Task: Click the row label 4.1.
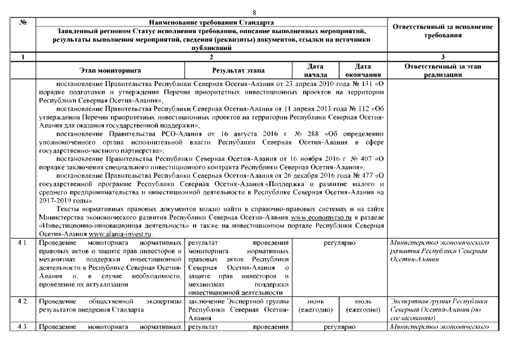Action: pyautogui.click(x=22, y=243)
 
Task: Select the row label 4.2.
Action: pyautogui.click(x=22, y=302)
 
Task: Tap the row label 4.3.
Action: pyautogui.click(x=22, y=327)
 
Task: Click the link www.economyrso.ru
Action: pyautogui.click(x=319, y=217)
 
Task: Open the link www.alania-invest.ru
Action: pyautogui.click(x=119, y=234)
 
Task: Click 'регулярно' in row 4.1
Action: pyautogui.click(x=338, y=243)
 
